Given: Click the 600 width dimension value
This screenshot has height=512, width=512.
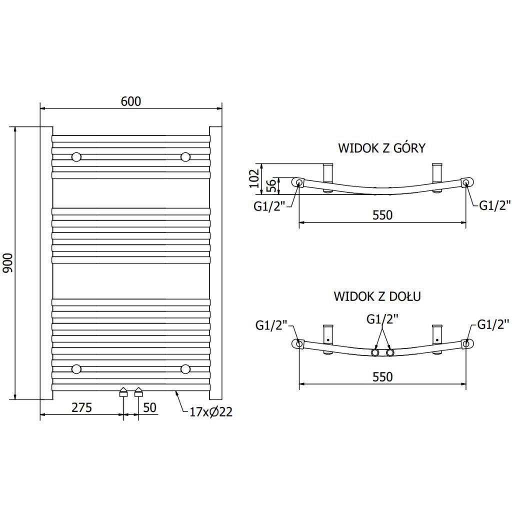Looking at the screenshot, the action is (x=131, y=101).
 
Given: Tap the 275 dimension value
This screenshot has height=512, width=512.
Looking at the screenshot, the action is (x=81, y=407).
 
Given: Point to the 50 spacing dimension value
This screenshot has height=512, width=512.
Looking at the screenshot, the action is (x=149, y=407).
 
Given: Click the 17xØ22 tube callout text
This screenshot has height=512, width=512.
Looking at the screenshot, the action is (x=211, y=412).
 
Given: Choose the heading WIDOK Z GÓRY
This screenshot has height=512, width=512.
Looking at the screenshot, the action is (x=381, y=148).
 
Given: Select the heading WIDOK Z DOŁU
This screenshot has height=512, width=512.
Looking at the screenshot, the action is (x=377, y=296).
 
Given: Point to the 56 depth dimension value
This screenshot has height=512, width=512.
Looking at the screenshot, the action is (x=270, y=186).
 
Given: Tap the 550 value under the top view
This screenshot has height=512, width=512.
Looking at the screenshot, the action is (x=382, y=215).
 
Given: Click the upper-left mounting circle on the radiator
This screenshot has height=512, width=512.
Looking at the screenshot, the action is (x=76, y=157).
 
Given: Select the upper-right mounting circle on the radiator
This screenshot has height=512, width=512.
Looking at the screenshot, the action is (x=185, y=157).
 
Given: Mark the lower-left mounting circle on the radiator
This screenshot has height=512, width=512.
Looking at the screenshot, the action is (x=76, y=369).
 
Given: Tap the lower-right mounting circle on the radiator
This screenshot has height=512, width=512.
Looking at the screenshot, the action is (x=185, y=369).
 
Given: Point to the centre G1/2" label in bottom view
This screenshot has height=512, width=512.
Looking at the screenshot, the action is (x=382, y=318).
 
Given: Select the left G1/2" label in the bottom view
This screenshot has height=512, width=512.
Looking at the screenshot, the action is (x=271, y=325).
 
